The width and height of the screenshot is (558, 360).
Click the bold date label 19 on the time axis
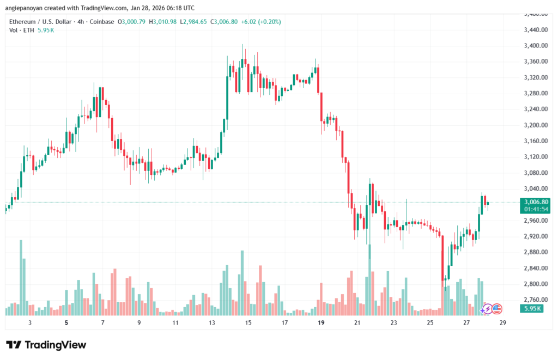pos(321,322)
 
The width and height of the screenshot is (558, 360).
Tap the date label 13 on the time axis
pos(212,322)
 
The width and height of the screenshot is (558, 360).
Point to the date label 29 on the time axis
pos(503,322)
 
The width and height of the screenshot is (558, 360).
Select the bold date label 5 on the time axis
pos(66,322)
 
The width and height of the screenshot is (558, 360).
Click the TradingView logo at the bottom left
pos(46,345)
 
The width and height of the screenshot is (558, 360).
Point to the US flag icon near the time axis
pos(496,309)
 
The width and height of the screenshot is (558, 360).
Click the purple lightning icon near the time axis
pos(486,309)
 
